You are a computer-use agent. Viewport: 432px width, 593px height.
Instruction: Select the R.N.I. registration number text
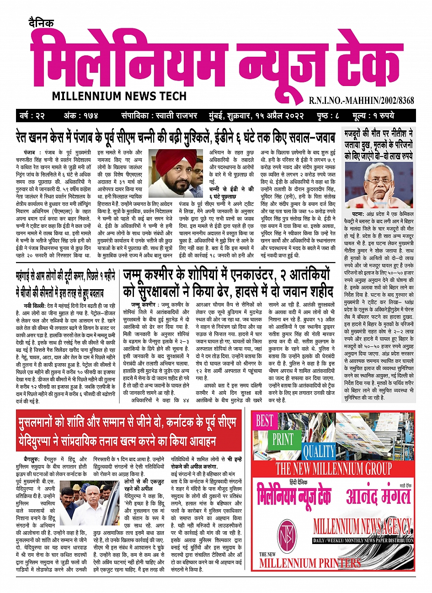pos(361,100)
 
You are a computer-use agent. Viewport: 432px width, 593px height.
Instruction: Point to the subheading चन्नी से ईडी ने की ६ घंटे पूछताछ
pos(231,192)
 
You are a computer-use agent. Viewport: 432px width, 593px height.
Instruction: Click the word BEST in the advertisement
pos(264,421)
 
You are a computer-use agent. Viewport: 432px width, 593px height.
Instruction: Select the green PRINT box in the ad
pos(283,439)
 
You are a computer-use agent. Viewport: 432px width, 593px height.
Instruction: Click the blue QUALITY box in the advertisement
pos(319,451)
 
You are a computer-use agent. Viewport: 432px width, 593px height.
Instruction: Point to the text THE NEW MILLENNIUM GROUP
pos(333,469)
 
